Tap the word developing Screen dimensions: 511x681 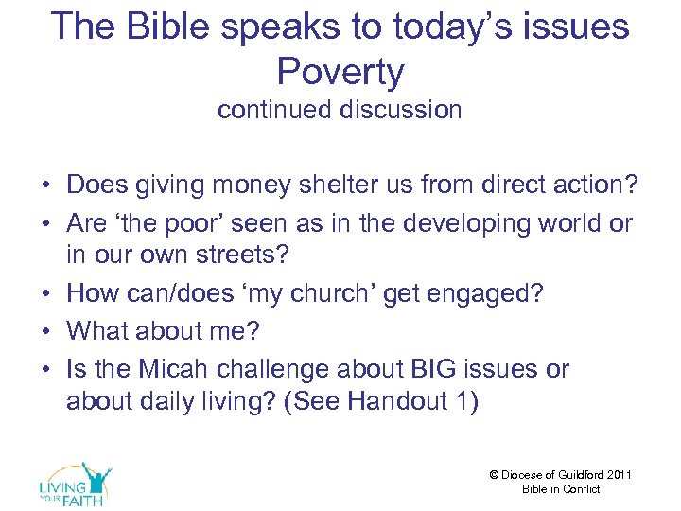(x=469, y=224)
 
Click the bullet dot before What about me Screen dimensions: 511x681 (x=47, y=331)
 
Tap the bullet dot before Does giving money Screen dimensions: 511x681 (x=47, y=186)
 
